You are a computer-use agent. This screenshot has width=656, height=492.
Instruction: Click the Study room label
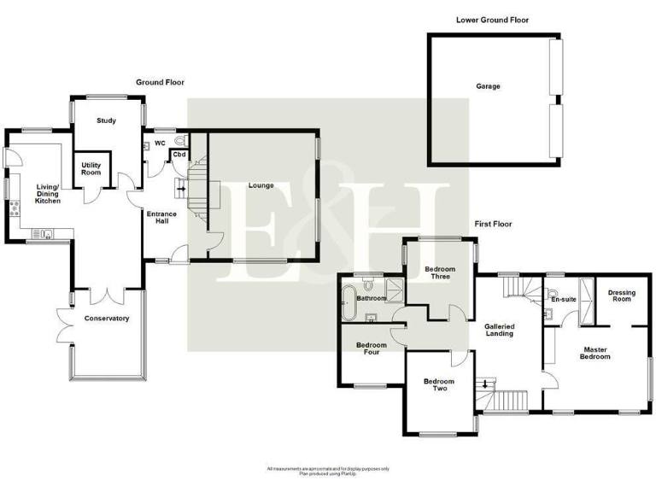106,120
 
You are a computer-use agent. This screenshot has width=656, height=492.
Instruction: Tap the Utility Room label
91,168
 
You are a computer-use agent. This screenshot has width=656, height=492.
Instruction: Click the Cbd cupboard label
179,155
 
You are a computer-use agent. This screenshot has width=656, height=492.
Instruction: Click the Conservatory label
106,319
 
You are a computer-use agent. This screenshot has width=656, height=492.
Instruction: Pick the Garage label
488,86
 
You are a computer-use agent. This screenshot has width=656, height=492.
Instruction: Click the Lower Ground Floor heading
493,19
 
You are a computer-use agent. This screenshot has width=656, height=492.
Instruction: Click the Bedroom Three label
440,272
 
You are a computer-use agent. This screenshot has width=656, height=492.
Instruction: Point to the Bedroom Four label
371,348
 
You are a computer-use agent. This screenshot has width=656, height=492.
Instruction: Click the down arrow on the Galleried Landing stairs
486,384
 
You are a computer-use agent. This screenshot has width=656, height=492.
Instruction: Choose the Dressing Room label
621,296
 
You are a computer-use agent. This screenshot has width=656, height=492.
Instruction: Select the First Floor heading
493,224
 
